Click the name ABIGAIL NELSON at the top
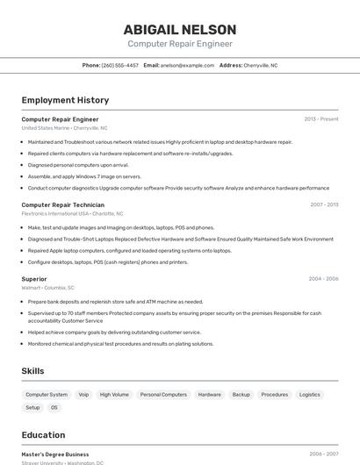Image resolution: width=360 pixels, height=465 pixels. [x=179, y=29]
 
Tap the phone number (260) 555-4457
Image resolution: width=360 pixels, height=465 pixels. [x=120, y=65]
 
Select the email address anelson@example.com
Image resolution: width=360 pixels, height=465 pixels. [x=187, y=65]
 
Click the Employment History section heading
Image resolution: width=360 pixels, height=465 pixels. [x=65, y=100]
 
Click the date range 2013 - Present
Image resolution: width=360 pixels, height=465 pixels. [x=320, y=119]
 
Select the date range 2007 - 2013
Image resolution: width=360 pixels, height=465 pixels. [x=324, y=204]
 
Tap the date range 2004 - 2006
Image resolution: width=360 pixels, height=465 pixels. [x=323, y=279]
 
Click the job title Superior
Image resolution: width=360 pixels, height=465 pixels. [x=34, y=279]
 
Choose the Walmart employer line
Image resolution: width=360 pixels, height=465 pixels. [x=47, y=287]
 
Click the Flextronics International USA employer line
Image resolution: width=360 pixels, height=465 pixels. [x=72, y=213]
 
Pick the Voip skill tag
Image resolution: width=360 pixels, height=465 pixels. [x=83, y=395]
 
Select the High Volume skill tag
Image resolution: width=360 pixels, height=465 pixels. [x=114, y=395]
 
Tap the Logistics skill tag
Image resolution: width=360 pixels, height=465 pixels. [x=309, y=395]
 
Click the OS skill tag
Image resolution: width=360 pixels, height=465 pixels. [x=54, y=407]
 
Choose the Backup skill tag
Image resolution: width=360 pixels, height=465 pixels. [x=241, y=395]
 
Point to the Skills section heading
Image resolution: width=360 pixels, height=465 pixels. [x=32, y=371]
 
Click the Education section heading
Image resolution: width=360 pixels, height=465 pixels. [x=43, y=435]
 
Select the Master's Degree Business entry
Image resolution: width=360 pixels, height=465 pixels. [x=54, y=454]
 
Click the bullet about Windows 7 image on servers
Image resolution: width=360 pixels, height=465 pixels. [x=84, y=176]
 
